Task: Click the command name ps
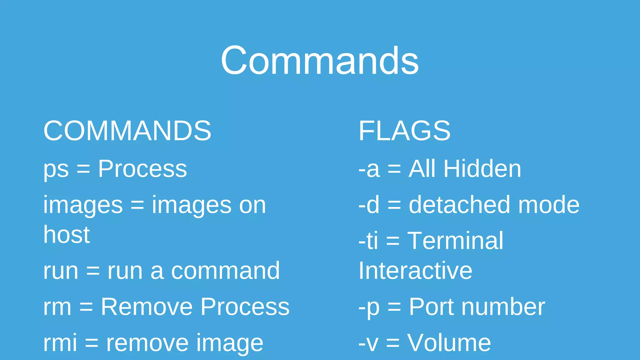pos(56,170)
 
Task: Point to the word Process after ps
pos(142,169)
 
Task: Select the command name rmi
pos(60,342)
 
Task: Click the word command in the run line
pos(225,271)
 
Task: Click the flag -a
pos(369,169)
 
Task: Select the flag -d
pos(369,205)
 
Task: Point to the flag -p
pos(369,307)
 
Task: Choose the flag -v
pos(368,343)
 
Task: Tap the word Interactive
pos(415,271)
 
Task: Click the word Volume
pos(449,343)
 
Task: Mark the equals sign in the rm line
pos(86,307)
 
